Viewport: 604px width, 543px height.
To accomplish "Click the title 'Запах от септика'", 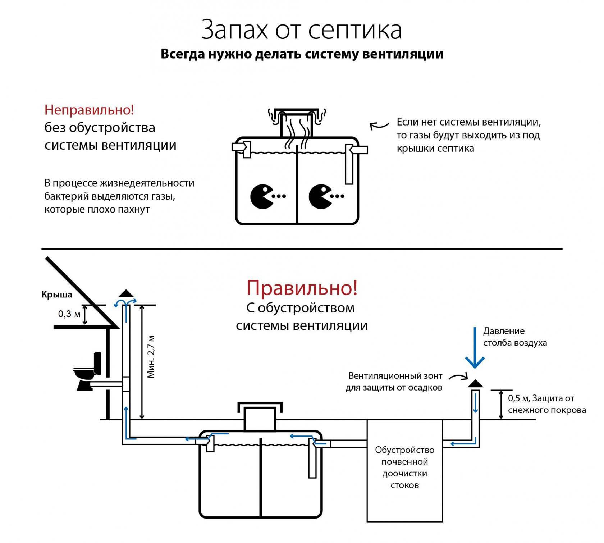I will tap(301, 29).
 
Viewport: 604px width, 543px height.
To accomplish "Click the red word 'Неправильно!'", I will tap(89, 110).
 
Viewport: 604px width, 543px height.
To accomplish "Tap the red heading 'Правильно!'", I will tap(302, 287).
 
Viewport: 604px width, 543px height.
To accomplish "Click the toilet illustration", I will tap(87, 372).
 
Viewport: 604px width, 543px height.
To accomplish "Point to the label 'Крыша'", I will tap(57, 295).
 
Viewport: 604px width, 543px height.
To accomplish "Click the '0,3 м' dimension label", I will tap(69, 314).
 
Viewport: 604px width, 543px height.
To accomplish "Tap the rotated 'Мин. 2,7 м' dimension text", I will tap(151, 357).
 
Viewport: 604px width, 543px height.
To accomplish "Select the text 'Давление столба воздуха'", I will tap(515, 337).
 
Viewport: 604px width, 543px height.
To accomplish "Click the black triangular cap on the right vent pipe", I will tap(475, 384).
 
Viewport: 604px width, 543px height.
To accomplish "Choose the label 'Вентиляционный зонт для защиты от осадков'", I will tap(394, 382).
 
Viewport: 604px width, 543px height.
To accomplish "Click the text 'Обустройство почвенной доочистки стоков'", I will tap(404, 467).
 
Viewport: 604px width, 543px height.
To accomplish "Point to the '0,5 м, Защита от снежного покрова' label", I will tap(546, 404).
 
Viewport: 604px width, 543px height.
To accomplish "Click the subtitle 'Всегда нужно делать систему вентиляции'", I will tap(302, 54).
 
